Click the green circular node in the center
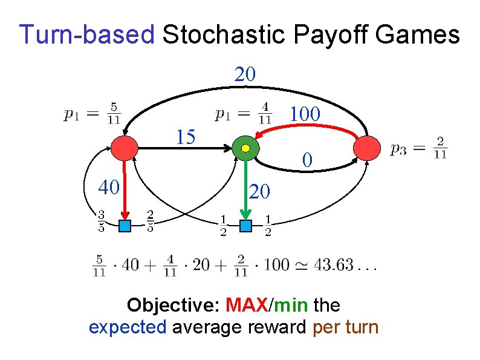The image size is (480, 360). click(245, 148)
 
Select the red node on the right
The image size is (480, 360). click(367, 148)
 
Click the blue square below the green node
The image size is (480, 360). click(245, 226)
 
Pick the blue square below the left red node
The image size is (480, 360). click(125, 226)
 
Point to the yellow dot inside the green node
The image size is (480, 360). click(245, 148)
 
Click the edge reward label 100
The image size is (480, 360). click(305, 114)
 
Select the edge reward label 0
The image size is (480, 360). click(308, 160)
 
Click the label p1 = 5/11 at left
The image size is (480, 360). click(93, 114)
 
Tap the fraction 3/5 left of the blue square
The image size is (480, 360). click(101, 222)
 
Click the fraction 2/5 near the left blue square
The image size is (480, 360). click(149, 222)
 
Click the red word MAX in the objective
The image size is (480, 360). click(247, 304)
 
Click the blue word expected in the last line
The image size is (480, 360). click(128, 327)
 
